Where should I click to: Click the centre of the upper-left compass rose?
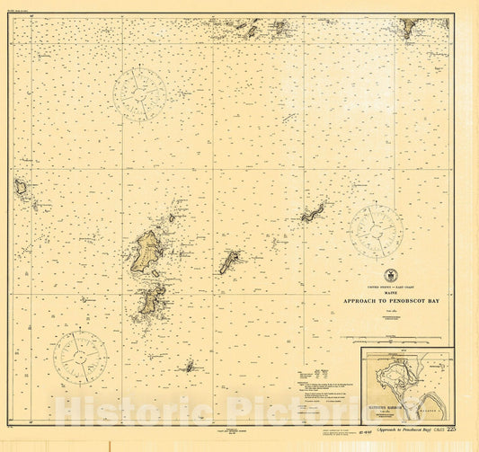pyautogui.click(x=139, y=93)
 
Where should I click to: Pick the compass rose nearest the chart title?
pyautogui.click(x=377, y=232)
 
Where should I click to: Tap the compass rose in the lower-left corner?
pyautogui.click(x=79, y=357)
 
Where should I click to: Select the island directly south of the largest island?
pyautogui.click(x=150, y=299)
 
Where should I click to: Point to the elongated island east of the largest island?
pyautogui.click(x=229, y=261)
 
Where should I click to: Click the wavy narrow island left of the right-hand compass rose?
pyautogui.click(x=313, y=213)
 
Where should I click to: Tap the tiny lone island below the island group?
pyautogui.click(x=190, y=366)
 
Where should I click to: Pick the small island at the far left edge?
pyautogui.click(x=21, y=187)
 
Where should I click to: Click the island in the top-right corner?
pyautogui.click(x=408, y=29)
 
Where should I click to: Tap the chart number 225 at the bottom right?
pyautogui.click(x=464, y=430)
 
